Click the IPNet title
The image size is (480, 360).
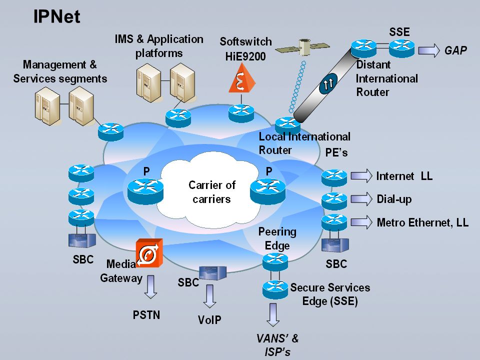point(56,16)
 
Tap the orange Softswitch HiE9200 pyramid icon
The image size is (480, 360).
point(242,78)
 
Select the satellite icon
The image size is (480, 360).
point(302,47)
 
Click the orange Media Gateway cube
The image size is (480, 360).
point(149,253)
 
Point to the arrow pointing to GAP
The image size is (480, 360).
point(429,50)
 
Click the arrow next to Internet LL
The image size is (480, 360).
point(361,176)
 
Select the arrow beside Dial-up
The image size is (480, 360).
point(361,199)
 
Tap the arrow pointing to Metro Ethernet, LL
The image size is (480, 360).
point(361,222)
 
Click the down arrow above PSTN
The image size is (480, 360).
point(150,287)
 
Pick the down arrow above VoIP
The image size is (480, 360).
point(209,296)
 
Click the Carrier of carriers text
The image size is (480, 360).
point(212,192)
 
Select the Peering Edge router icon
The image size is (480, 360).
point(275,261)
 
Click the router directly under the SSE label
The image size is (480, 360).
point(402,49)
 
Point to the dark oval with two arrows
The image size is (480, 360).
point(328,83)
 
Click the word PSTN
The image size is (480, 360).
point(146,315)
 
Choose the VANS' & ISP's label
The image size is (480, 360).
point(277,345)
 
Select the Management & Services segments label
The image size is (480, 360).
point(60,71)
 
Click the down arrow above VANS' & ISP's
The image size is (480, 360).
point(273,314)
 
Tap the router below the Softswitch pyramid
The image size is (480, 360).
point(241,113)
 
